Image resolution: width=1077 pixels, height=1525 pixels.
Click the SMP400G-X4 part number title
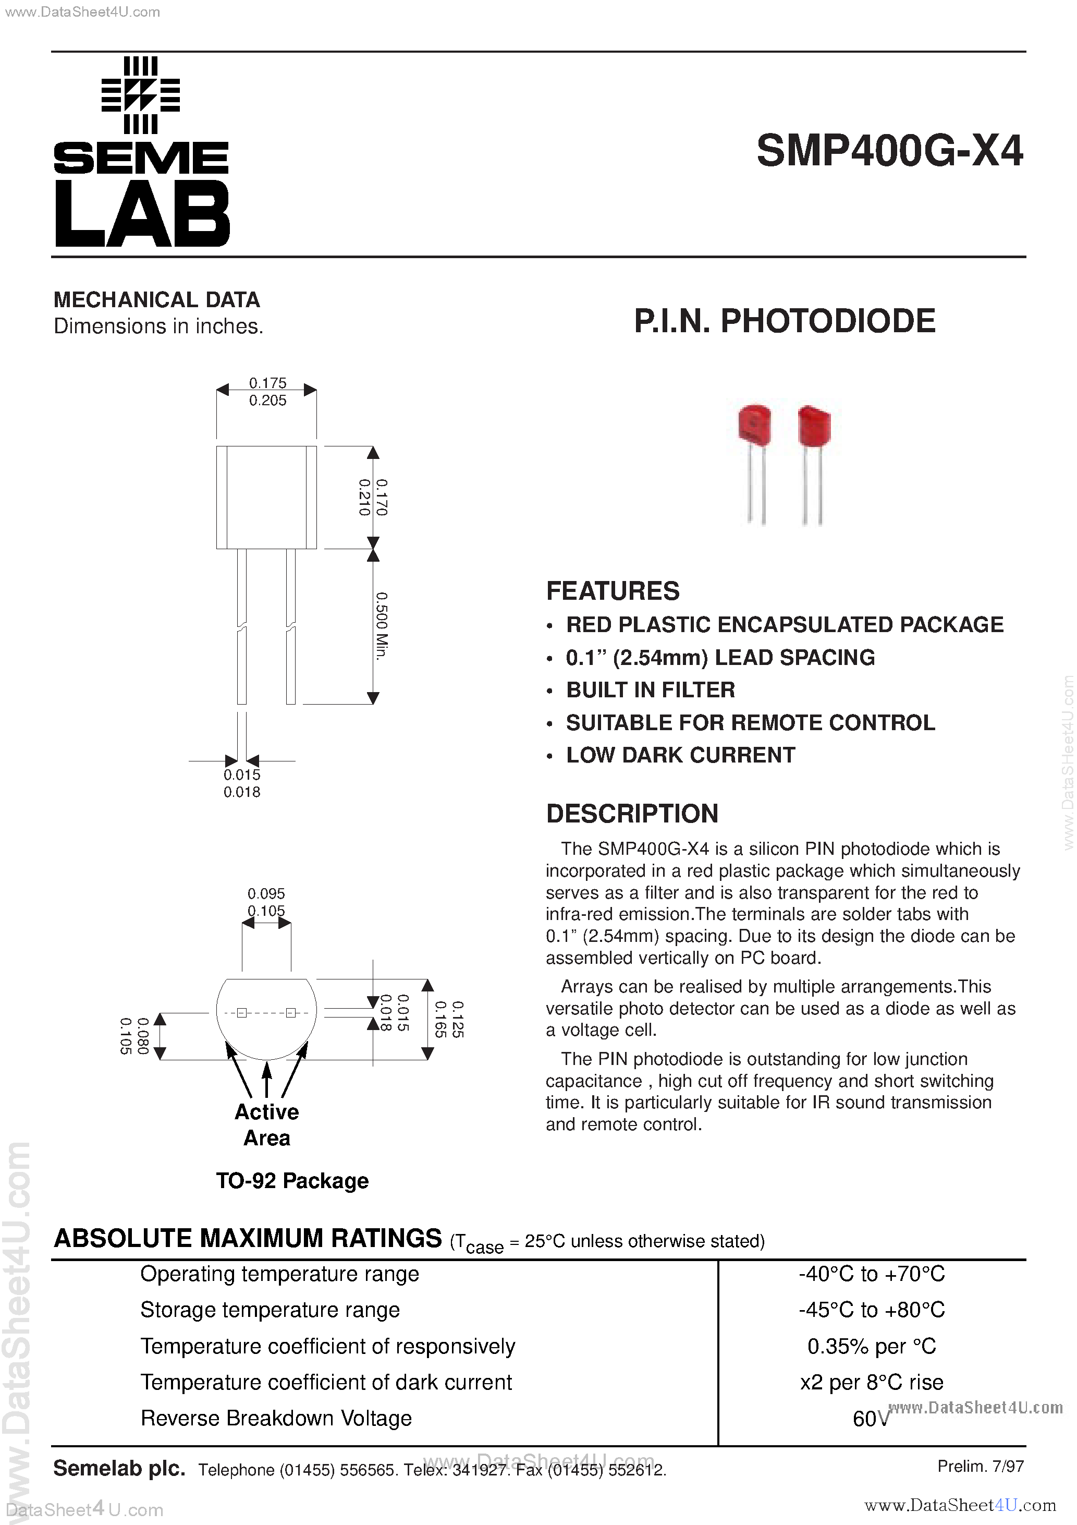coord(889,151)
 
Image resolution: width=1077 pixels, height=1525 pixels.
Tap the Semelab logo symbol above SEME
coord(140,95)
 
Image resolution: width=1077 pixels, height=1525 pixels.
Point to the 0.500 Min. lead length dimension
coord(381,626)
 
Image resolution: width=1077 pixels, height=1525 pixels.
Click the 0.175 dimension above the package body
coord(267,383)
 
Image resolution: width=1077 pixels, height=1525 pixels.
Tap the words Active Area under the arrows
coord(267,1124)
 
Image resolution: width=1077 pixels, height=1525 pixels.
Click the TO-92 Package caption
coord(292,1181)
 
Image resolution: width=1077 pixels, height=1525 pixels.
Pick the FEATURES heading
coord(612,591)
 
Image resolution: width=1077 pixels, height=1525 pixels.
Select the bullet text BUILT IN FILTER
coord(650,690)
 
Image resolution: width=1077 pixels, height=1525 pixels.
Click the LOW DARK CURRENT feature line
coord(680,755)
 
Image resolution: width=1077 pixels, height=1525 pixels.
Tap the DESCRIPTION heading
coord(632,814)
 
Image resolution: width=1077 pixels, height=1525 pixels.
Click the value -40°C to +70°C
coord(871,1274)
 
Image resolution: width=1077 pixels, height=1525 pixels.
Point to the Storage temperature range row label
coord(270,1310)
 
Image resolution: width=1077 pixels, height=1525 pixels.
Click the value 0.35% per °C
coord(871,1346)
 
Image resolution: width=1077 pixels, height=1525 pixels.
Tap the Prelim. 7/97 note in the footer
coord(980,1466)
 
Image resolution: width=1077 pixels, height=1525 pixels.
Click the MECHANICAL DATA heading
coord(157,300)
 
